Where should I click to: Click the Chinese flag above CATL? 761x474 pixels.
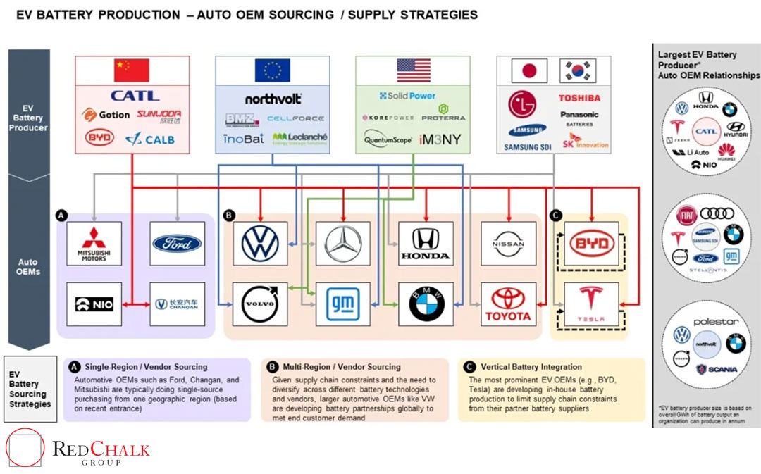pos(132,70)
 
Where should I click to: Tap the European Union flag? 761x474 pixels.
pos(273,70)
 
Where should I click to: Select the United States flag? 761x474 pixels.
pos(414,70)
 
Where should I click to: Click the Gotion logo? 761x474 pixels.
pos(106,115)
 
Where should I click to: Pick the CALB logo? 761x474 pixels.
pos(149,139)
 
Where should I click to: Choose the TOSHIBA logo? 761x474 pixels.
pos(579,98)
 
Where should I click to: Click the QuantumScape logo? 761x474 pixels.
pos(388,139)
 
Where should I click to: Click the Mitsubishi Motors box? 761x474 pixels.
pos(94,244)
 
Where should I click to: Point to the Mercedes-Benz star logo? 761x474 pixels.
pos(342,244)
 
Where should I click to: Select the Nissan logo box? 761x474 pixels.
pos(508,244)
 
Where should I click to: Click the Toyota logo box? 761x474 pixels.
pos(508,304)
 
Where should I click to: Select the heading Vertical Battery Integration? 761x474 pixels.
pos(531,367)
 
